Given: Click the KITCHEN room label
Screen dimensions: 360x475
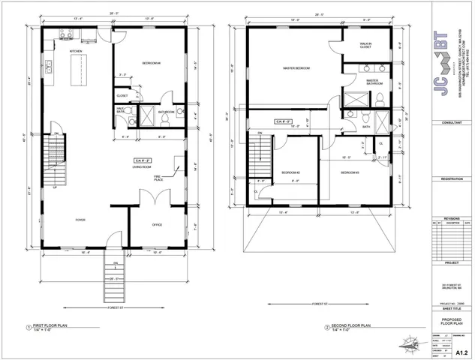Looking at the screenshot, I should [75, 52].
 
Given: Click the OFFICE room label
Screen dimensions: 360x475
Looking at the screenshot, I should [158, 224].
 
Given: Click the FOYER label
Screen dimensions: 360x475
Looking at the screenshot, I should [80, 220].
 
